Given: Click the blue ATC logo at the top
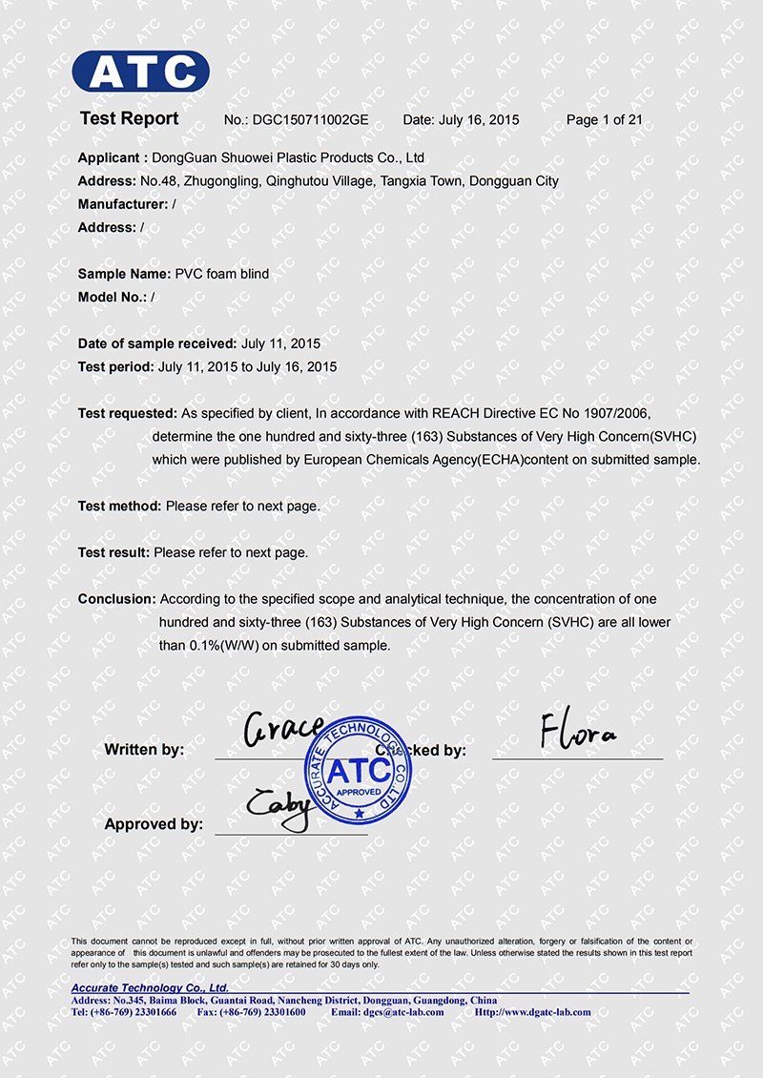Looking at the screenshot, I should pos(140,72).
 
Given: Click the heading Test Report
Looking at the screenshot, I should pos(129,118).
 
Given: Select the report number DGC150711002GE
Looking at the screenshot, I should pos(310,120).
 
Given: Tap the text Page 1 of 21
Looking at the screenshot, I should pos(604,120).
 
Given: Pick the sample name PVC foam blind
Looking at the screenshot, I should pos(221,274).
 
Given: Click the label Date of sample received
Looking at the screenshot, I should pos(156,343).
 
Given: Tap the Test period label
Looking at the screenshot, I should pos(115,366).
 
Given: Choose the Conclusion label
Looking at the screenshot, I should pos(116,599).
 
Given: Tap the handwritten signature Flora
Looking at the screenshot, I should pos(578,733).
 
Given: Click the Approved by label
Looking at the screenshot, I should pos(154,824).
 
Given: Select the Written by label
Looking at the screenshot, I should pos(144,750).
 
